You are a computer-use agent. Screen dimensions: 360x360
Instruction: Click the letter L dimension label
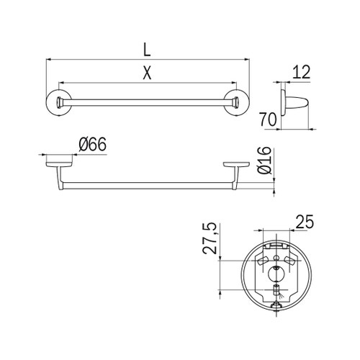147,50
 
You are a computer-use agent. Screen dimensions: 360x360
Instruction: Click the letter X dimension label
147,73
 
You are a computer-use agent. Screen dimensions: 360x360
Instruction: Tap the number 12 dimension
302,72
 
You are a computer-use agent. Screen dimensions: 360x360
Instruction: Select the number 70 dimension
268,120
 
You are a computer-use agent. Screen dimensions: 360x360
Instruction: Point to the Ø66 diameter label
92,145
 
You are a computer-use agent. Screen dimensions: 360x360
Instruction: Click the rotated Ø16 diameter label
265,160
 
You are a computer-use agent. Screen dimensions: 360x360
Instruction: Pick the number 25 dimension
305,222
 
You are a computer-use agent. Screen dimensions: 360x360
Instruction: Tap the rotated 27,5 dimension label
210,239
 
